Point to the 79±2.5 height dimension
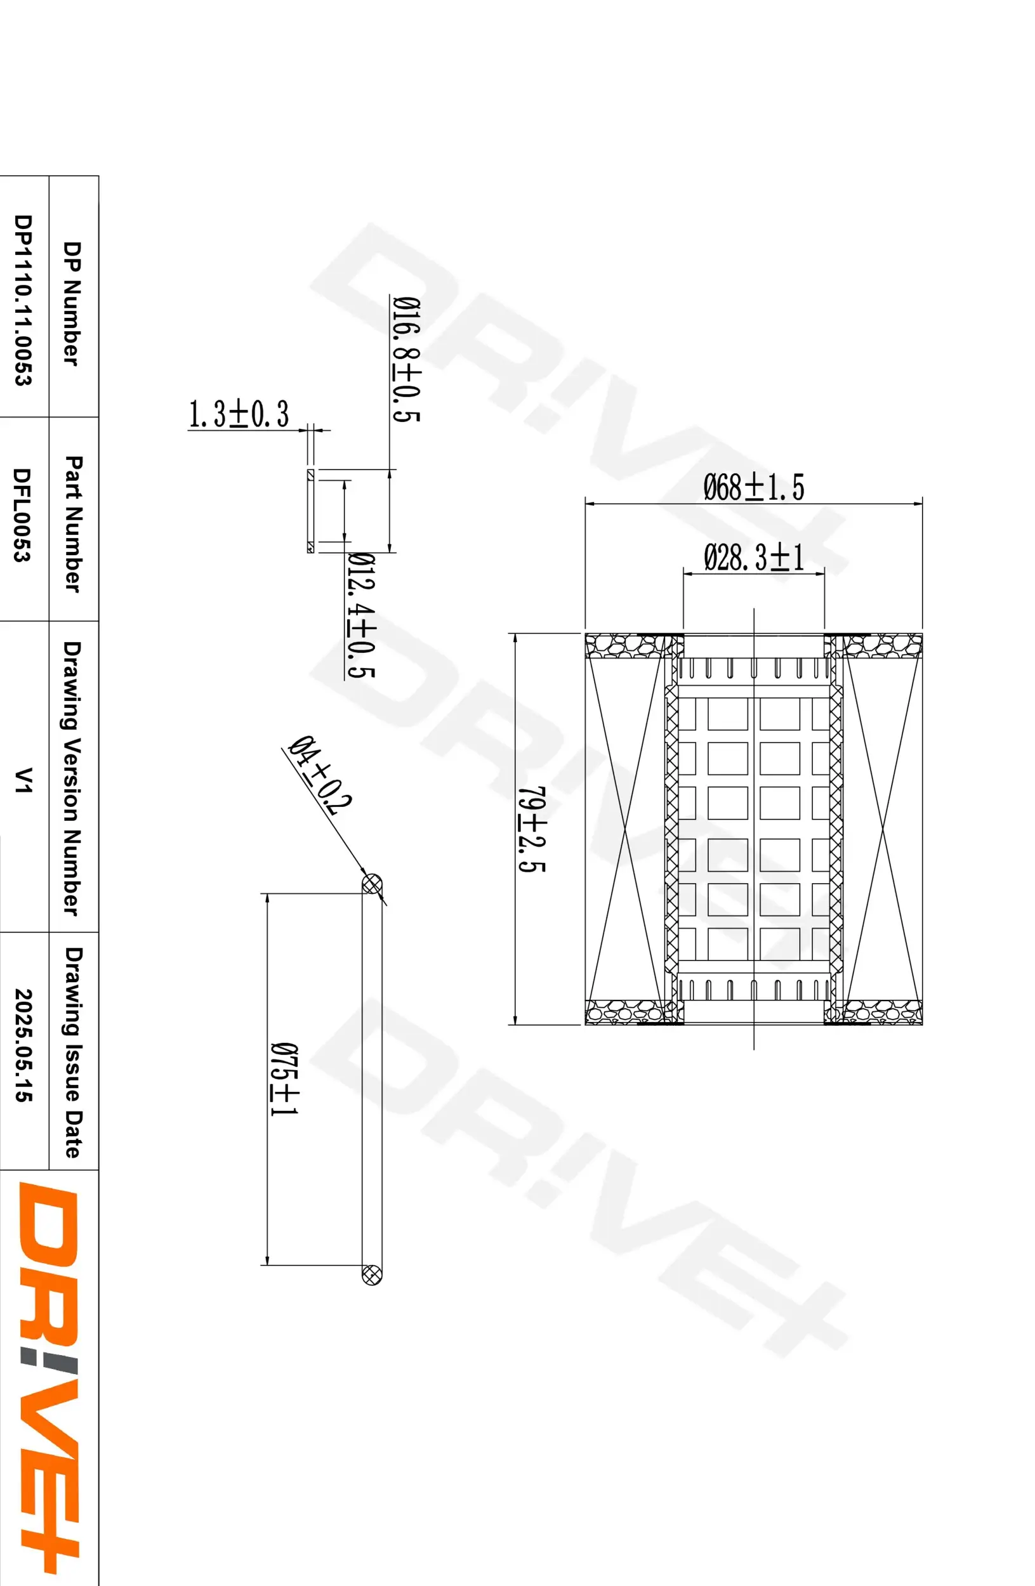[532, 829]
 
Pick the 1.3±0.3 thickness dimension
[239, 414]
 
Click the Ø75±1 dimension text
[284, 1078]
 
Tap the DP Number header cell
[71, 303]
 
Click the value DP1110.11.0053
[23, 300]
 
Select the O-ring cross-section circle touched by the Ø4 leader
[371, 884]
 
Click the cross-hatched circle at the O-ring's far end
[371, 1274]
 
